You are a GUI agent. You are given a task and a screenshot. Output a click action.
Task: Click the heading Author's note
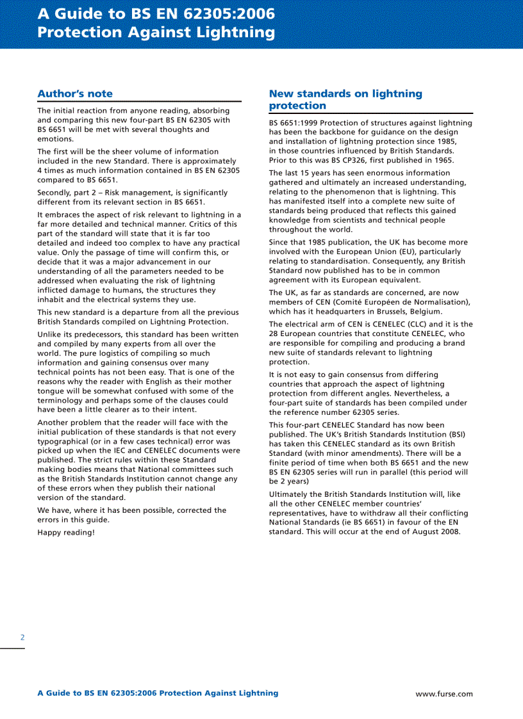coord(75,93)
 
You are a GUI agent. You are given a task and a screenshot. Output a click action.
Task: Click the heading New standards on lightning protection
coord(345,99)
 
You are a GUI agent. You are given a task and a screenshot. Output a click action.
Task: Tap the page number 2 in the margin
coord(22,637)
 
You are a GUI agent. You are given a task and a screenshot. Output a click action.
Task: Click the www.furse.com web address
coord(444,693)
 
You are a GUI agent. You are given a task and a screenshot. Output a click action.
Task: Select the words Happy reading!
coord(66,532)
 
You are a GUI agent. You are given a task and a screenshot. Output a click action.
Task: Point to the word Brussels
coord(385,312)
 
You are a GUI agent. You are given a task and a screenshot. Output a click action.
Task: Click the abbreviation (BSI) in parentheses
coord(455,434)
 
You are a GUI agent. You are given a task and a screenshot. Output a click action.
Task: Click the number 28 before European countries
coord(274,334)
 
